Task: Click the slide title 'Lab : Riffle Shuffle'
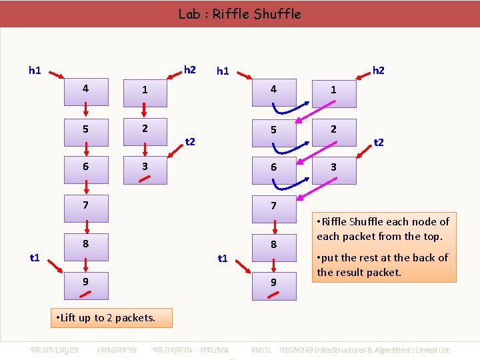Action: (x=239, y=13)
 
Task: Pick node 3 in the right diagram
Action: (x=333, y=168)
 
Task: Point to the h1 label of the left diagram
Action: (x=35, y=69)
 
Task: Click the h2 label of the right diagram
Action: (x=379, y=69)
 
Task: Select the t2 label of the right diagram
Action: (x=379, y=142)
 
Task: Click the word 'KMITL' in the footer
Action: (x=261, y=350)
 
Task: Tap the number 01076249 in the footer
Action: (x=300, y=350)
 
